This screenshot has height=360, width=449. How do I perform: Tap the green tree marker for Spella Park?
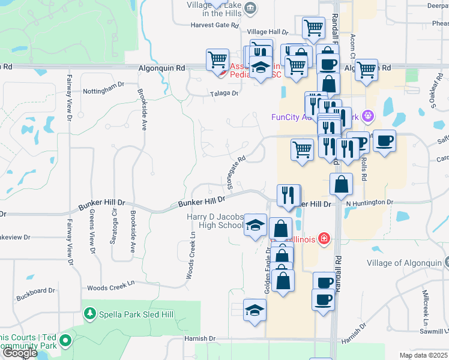(89, 314)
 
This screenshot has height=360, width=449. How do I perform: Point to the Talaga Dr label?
(224, 94)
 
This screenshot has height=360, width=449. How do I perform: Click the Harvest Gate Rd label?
(214, 26)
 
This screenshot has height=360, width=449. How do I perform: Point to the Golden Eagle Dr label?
(267, 270)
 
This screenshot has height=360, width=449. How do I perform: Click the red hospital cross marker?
(325, 239)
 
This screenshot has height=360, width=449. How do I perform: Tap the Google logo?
(20, 353)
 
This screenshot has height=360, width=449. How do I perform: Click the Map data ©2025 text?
(423, 355)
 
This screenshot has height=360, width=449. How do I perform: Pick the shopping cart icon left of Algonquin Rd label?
(217, 59)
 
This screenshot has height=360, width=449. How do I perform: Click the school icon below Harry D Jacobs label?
(255, 226)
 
